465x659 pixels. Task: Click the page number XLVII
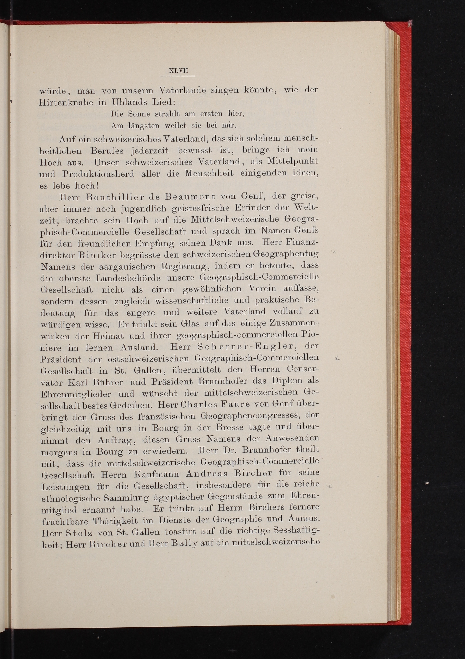[x=178, y=71]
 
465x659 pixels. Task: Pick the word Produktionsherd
[x=98, y=174]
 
